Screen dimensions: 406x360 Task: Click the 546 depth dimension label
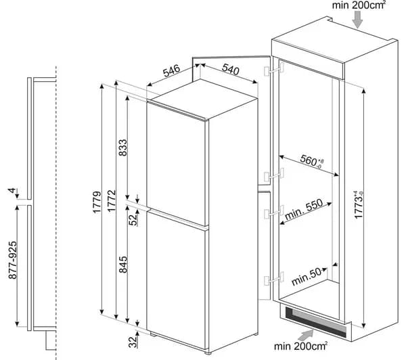171,70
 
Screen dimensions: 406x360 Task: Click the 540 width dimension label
231,70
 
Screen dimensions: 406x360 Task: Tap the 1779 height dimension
97,202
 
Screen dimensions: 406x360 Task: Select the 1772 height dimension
112,201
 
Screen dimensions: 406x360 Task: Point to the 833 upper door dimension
123,148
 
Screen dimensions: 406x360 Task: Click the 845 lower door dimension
123,265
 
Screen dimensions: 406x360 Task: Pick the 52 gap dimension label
133,220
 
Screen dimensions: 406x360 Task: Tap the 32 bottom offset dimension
133,342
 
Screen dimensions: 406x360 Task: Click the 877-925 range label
12,260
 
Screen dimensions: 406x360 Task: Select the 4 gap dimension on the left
12,191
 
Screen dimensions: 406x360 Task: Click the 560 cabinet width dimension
312,161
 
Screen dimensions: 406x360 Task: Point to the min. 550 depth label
304,208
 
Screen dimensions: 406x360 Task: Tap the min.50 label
307,277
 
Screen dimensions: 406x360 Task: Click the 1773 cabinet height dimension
359,204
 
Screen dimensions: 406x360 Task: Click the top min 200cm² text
359,5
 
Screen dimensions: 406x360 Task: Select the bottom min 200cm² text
300,346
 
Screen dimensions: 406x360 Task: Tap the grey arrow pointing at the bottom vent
306,335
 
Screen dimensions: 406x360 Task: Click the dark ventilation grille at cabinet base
316,322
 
